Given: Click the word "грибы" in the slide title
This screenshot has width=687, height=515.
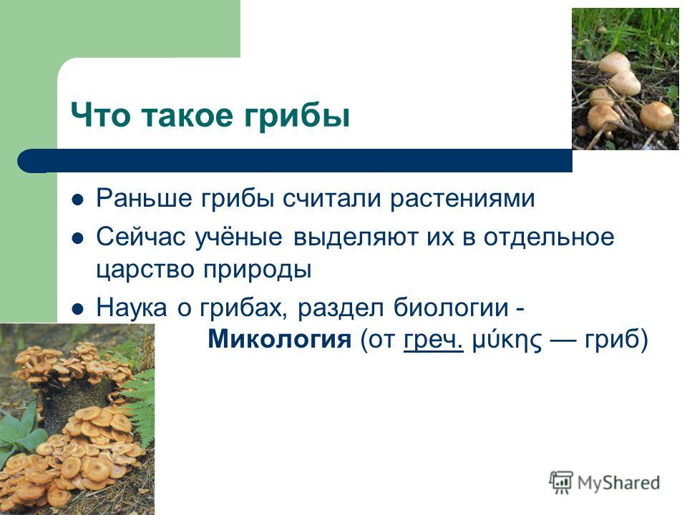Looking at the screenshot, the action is [296, 117].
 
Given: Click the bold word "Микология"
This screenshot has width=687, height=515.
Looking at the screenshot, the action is [280, 339].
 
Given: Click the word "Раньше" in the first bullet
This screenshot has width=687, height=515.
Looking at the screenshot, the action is [144, 198].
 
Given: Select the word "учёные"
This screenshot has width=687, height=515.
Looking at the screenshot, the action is [238, 237].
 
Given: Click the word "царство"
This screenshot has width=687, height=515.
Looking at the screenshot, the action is [145, 270].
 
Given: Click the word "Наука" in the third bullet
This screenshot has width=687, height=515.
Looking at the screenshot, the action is [132, 308].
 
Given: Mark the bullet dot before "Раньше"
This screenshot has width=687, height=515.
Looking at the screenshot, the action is [77, 200].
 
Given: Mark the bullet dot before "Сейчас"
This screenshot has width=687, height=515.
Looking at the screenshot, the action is [77, 239].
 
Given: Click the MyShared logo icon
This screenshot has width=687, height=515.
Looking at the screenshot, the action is [561, 483].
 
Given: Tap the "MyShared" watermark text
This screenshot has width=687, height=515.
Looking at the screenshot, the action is [618, 483].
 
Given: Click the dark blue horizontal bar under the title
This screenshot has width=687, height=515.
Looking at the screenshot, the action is [295, 160].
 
